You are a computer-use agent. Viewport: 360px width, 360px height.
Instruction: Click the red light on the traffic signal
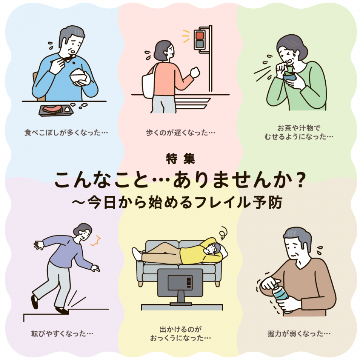point(200,35)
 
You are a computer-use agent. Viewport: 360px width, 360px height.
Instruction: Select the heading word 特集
point(180,158)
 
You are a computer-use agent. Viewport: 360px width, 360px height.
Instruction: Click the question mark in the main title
point(300,180)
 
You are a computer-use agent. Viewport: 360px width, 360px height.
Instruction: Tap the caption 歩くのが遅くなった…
point(180,132)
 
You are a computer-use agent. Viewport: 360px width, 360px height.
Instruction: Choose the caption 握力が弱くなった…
point(299,333)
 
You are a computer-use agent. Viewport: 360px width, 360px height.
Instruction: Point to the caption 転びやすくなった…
point(62,333)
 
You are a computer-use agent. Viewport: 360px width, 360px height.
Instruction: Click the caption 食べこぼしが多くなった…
point(66,132)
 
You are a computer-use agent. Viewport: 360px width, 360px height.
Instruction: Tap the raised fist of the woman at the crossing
point(195,72)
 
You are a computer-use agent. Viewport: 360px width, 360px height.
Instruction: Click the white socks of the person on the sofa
point(137,254)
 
